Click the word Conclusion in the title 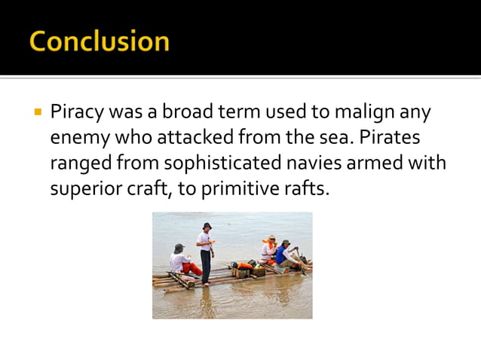point(99,41)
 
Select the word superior point(84,188)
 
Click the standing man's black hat point(207,226)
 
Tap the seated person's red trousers point(191,267)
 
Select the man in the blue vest point(286,255)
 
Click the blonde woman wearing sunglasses point(270,249)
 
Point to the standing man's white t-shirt point(204,242)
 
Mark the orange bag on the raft point(245,265)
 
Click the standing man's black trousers point(206,265)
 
